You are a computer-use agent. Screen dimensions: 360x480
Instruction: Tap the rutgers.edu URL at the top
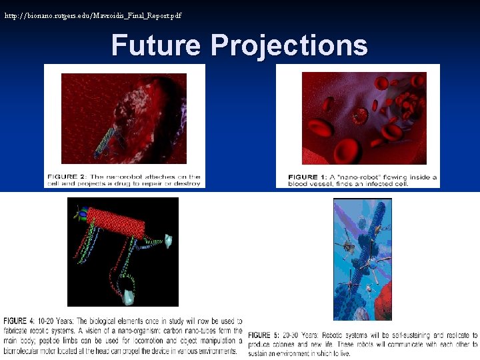[x=93, y=15]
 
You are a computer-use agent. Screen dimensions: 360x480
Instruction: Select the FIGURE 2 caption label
[x=66, y=177]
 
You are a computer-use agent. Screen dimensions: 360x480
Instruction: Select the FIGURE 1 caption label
[x=307, y=177]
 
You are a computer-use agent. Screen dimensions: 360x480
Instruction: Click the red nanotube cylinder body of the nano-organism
[x=116, y=223]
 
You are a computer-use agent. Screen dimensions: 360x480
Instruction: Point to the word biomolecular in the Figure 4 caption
[x=25, y=351]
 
